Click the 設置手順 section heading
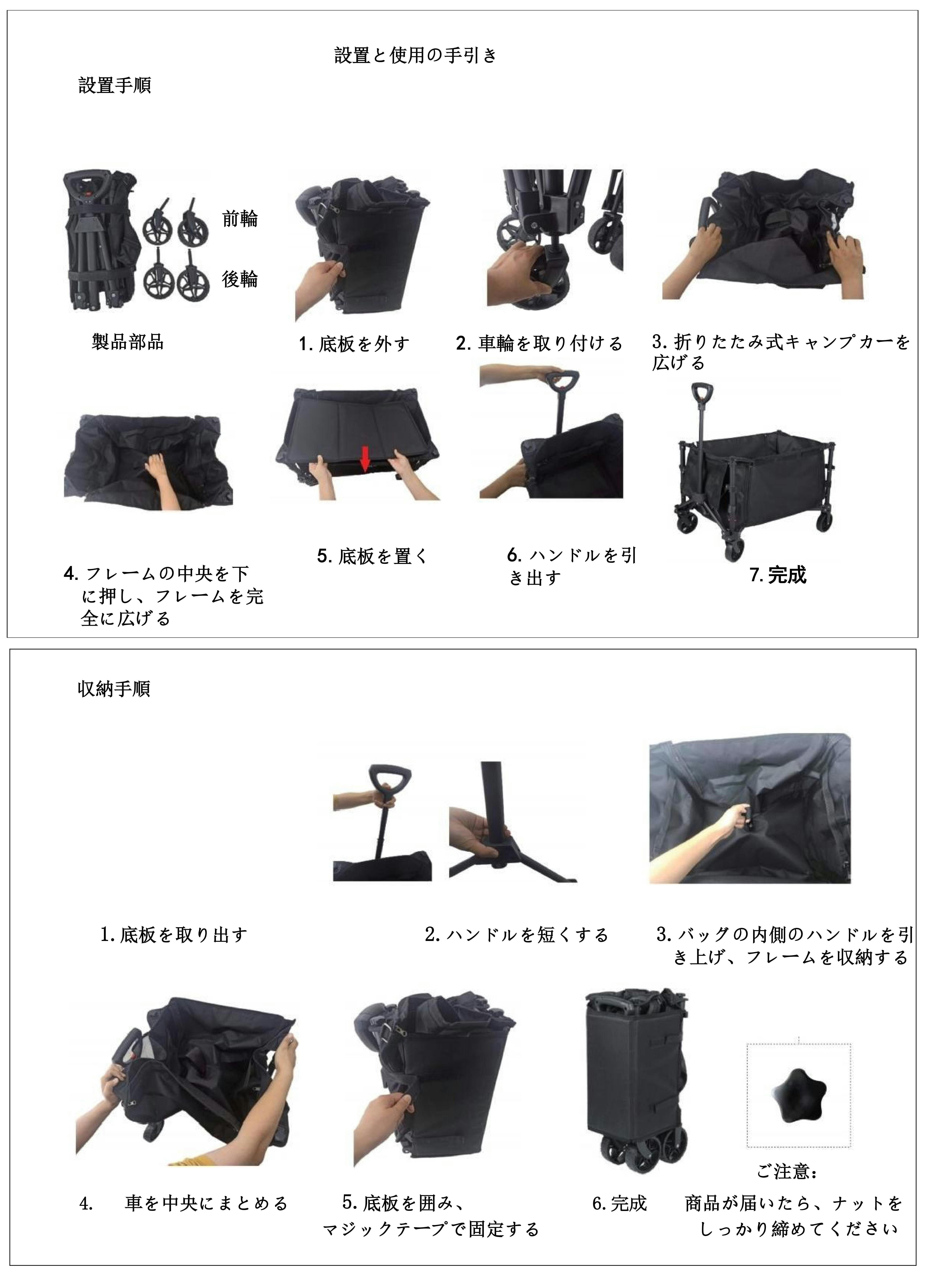click(114, 86)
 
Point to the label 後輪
click(240, 279)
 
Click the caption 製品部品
click(128, 342)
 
